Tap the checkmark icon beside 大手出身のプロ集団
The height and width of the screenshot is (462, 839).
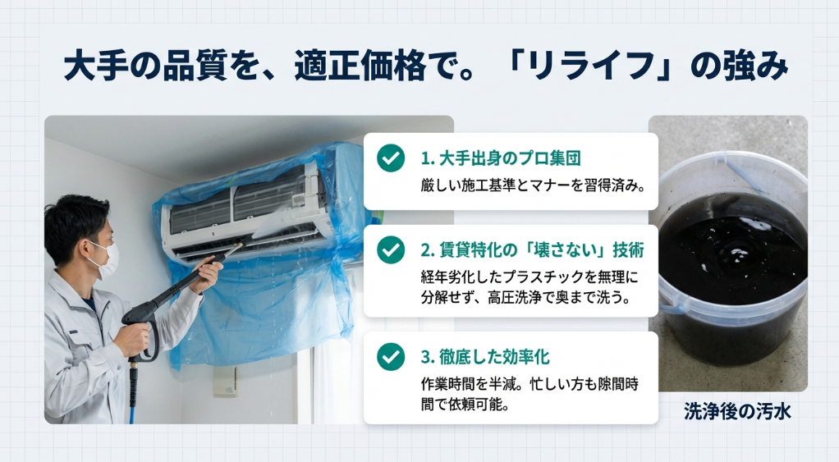(391, 158)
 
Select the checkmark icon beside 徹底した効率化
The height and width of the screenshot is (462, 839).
(391, 357)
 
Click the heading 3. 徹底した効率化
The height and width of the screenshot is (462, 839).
(484, 357)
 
